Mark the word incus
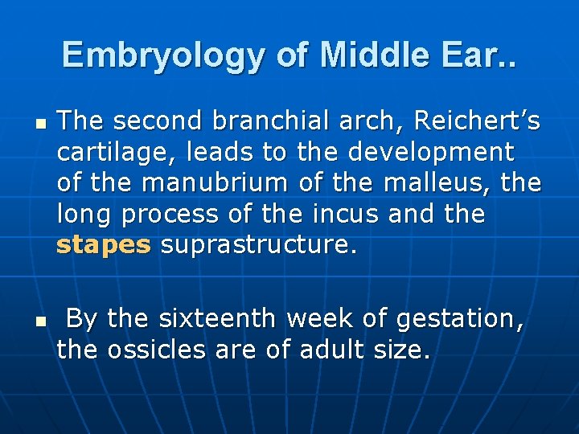(x=347, y=214)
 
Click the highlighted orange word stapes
(x=104, y=245)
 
